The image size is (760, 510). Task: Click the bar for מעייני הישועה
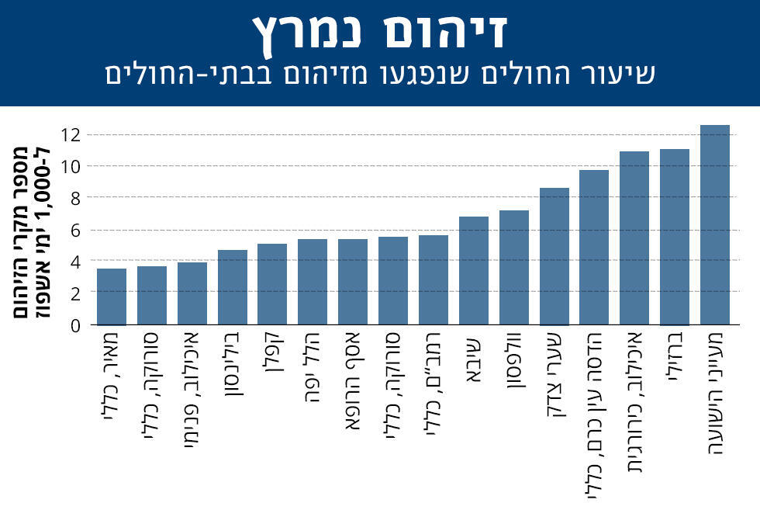click(x=714, y=225)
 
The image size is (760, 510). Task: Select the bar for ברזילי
click(x=674, y=237)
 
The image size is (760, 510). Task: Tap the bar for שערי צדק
click(x=554, y=256)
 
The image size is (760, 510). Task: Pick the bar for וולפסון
click(x=513, y=268)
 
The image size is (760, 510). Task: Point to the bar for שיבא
click(x=473, y=271)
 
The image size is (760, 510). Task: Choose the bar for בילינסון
click(x=232, y=287)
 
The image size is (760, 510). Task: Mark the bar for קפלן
click(x=272, y=284)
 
